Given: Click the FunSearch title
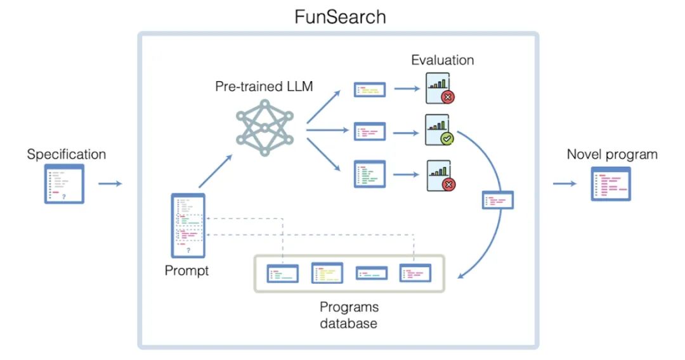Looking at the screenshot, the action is pos(340,17).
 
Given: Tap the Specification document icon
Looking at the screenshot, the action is pos(64,184).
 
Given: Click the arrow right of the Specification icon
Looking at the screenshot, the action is pos(110,184).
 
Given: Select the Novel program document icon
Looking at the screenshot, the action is pos(611,184).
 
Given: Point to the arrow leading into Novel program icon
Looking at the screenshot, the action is pos(564,184).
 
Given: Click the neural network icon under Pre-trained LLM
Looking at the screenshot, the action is pos(264,127).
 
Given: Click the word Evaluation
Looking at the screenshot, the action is pos(443,60).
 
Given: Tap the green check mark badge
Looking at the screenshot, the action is pos(447,139).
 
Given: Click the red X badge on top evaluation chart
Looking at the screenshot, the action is pos(448,97).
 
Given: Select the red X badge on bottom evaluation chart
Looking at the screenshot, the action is pos(448,184).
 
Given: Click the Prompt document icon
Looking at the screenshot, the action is pos(188,226).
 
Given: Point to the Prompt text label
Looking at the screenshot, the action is pos(186,271).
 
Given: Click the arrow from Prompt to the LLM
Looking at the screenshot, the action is pos(216,171).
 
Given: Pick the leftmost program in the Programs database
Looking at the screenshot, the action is pos(283,274).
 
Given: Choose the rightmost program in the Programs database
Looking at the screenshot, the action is pos(415,273).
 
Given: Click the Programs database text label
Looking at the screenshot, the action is pos(349,315).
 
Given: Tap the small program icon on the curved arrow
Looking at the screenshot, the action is pos(498,200).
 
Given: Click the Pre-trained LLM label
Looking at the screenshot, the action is pos(264,86).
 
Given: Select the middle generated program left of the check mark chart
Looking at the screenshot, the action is pos(370,131).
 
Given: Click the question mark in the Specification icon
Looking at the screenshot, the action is pos(64,197).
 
